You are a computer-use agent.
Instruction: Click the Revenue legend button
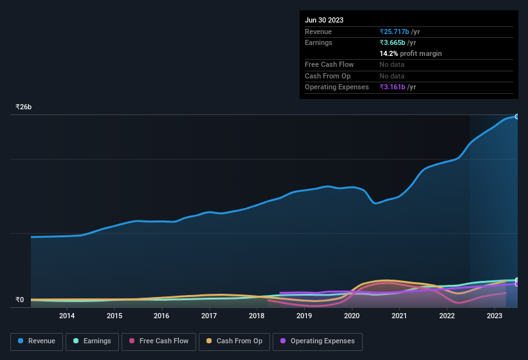click(37, 341)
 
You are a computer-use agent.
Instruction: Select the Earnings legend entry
click(92, 341)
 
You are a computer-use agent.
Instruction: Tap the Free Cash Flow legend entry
click(159, 341)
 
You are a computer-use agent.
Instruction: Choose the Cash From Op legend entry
click(234, 341)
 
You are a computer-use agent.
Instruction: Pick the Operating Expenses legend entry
click(317, 341)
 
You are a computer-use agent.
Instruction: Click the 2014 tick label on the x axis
click(67, 316)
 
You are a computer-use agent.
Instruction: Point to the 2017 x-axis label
click(209, 316)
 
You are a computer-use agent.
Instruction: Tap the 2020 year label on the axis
click(352, 316)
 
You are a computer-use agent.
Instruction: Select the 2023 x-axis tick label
click(495, 316)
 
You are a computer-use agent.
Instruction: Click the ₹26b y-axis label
click(24, 107)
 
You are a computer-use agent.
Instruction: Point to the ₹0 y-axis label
click(20, 300)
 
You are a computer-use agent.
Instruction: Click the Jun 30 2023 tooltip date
click(324, 20)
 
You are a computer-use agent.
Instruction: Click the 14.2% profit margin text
click(410, 53)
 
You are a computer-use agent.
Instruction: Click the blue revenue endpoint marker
click(517, 116)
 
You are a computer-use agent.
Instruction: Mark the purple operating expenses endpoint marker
click(517, 284)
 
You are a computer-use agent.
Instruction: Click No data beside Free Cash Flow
click(392, 64)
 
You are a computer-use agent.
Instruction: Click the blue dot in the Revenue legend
click(21, 341)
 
